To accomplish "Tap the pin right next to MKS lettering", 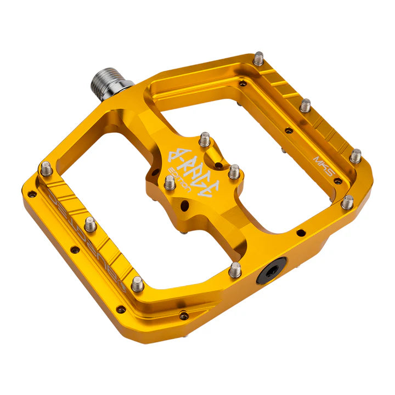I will pos(356,156).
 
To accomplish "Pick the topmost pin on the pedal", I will pos(258,58).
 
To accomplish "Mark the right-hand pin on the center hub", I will pos(234,172).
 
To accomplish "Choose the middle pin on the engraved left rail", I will pos(91,224).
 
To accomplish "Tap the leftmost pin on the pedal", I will pos(47,168).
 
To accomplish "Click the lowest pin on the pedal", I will pos(138,284).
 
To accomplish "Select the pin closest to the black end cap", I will pos(235,269).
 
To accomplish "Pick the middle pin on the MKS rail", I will pos(306,105).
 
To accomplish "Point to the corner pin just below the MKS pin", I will pos(347,202).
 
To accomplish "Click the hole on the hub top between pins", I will pos(218,165).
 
